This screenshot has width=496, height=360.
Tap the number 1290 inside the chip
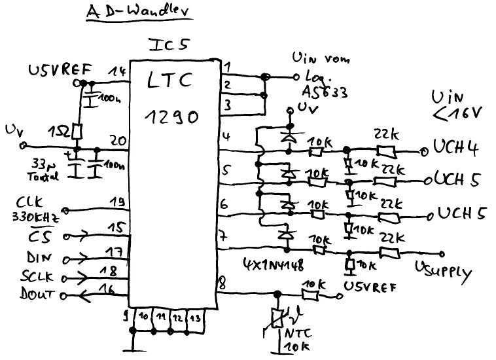[172, 119]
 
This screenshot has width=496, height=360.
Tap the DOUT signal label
[41, 296]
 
